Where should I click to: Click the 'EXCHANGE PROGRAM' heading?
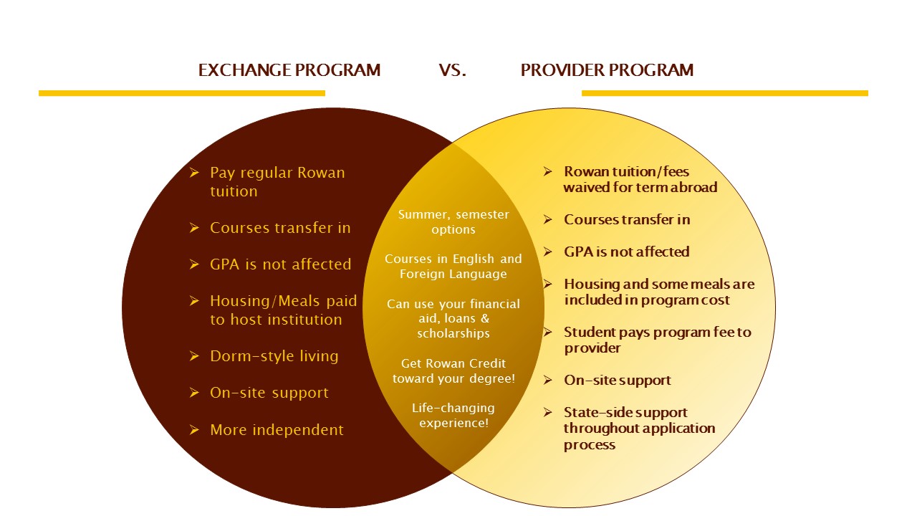pyautogui.click(x=289, y=70)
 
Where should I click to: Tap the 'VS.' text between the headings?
pyautogui.click(x=452, y=70)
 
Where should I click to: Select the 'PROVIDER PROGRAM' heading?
pyautogui.click(x=607, y=70)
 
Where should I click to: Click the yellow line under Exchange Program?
pyautogui.click(x=182, y=93)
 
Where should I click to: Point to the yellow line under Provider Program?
pyautogui.click(x=724, y=93)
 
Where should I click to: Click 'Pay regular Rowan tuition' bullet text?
pyautogui.click(x=277, y=182)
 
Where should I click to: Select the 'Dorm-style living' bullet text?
pyautogui.click(x=274, y=356)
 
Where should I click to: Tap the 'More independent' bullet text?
pyautogui.click(x=277, y=430)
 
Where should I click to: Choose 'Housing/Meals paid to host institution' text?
pyautogui.click(x=283, y=310)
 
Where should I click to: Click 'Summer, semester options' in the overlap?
pyautogui.click(x=453, y=221)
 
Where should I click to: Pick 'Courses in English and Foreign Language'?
pyautogui.click(x=453, y=266)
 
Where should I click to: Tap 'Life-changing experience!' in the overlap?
pyautogui.click(x=453, y=415)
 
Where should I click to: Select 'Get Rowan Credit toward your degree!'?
pyautogui.click(x=453, y=371)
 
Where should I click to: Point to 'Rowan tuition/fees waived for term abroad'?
pyautogui.click(x=640, y=179)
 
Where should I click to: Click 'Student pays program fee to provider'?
pyautogui.click(x=658, y=340)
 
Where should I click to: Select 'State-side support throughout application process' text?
pyautogui.click(x=639, y=429)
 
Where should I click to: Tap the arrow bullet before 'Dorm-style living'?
pyautogui.click(x=194, y=356)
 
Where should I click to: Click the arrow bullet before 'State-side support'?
pyautogui.click(x=548, y=412)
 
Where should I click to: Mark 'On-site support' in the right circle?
pyautogui.click(x=618, y=381)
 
